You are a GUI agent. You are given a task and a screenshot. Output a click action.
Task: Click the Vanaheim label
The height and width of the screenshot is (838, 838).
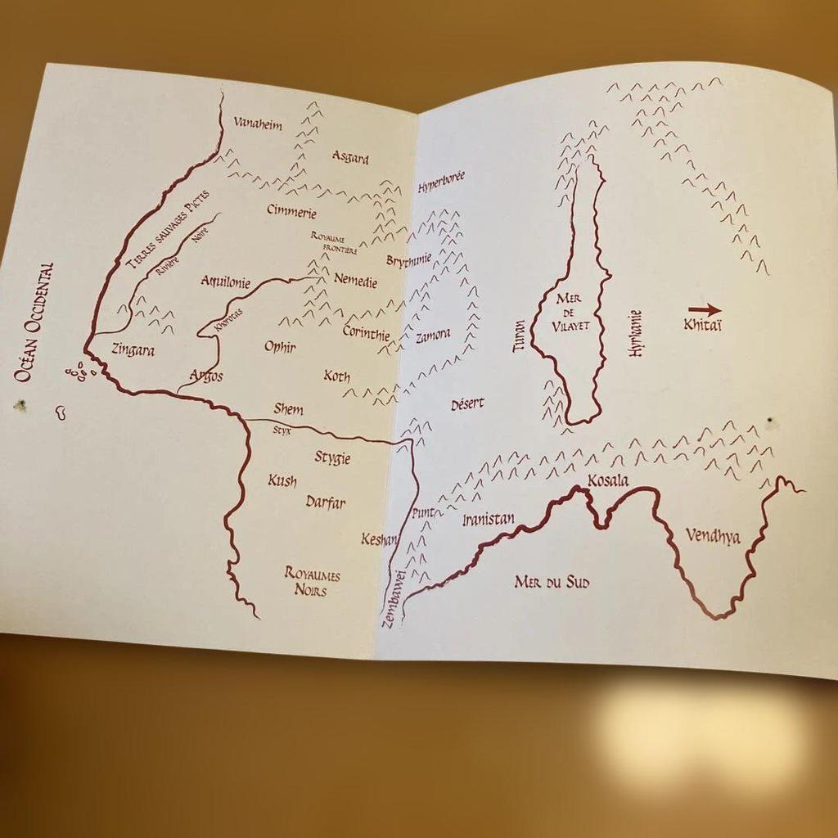click(x=258, y=124)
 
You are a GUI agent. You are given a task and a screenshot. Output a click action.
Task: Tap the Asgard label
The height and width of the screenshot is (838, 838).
click(x=350, y=157)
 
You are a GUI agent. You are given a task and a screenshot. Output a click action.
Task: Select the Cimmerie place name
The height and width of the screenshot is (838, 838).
click(x=291, y=211)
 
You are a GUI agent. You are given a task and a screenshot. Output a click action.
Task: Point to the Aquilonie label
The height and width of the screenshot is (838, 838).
click(x=226, y=282)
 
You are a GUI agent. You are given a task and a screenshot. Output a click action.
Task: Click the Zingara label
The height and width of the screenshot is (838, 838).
click(x=133, y=349)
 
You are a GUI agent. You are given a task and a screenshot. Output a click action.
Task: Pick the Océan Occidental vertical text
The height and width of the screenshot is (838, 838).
click(x=34, y=322)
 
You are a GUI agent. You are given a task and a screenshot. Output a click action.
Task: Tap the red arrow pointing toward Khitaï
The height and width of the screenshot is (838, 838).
click(x=704, y=310)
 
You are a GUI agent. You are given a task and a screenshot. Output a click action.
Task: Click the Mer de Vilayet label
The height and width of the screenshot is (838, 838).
click(x=570, y=311)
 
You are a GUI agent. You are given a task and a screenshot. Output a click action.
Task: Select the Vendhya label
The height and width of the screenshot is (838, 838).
click(x=712, y=537)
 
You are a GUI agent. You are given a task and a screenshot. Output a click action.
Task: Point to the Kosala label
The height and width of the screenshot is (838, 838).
click(x=608, y=480)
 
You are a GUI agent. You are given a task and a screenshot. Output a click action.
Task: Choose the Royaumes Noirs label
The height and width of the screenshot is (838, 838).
click(x=312, y=582)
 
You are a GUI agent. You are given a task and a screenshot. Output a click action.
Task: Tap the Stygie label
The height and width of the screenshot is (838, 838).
click(x=332, y=457)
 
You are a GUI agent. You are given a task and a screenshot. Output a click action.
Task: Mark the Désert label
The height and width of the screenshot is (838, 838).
click(x=467, y=403)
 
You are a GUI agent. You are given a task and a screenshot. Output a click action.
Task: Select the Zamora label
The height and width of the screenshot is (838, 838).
click(x=432, y=336)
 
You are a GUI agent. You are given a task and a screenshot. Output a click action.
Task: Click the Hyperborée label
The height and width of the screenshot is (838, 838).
click(x=441, y=182)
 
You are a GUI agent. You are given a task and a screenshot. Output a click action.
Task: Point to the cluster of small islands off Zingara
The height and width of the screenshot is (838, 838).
click(x=80, y=372)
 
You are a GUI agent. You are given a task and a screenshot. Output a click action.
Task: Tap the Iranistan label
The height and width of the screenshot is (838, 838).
click(x=488, y=520)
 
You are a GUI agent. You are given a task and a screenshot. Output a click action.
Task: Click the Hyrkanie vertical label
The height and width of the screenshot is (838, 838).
click(x=634, y=334)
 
